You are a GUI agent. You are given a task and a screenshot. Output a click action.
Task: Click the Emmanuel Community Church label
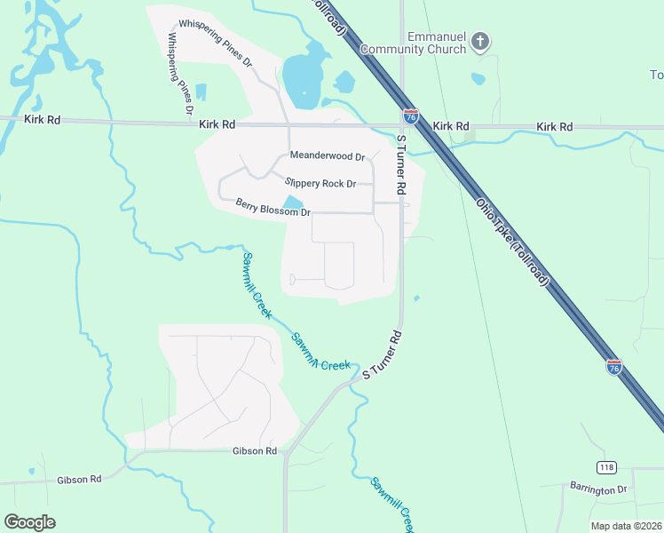point(437,43)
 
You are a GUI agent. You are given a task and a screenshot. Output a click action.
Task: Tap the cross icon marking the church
point(480,41)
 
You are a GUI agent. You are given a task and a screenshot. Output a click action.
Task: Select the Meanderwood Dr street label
point(328,157)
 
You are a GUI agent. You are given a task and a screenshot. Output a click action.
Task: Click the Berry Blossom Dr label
point(273,208)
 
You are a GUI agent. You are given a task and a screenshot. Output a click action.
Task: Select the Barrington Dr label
point(597,489)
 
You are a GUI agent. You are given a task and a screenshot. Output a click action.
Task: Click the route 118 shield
point(606,467)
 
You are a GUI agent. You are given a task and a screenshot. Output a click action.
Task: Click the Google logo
point(29,522)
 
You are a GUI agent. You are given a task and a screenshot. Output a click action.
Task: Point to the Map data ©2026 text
point(626,526)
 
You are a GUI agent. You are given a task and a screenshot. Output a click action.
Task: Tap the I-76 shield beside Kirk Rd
point(410,115)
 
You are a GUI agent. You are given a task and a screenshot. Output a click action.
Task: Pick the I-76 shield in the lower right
point(614,366)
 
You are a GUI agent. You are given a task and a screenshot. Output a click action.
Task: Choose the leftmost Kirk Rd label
point(43,119)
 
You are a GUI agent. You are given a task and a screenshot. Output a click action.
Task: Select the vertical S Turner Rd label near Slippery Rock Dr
point(400,166)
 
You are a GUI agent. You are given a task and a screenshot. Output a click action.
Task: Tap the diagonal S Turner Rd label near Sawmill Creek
point(383,355)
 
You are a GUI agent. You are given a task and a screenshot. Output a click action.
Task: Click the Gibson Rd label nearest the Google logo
point(80,479)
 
